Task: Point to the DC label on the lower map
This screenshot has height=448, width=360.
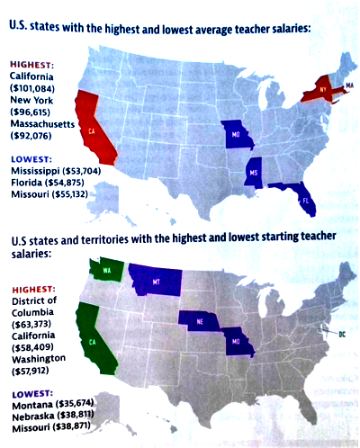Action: (342, 335)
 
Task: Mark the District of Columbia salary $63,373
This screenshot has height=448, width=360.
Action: (33, 323)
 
